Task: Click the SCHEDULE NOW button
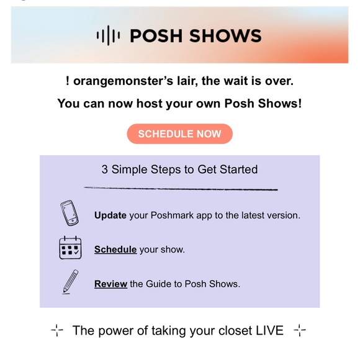point(179,134)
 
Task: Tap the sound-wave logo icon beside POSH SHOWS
point(109,36)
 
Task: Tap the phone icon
point(70,214)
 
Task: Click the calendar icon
point(70,248)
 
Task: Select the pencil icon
point(70,282)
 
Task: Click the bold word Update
point(110,215)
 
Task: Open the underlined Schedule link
point(115,250)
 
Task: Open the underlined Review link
point(110,284)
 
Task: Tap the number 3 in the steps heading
point(105,169)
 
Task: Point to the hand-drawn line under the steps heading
point(180,188)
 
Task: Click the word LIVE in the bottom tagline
point(269,330)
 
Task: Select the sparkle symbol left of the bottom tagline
point(57,330)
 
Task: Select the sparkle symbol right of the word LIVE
point(299,330)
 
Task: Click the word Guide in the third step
point(159,284)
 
